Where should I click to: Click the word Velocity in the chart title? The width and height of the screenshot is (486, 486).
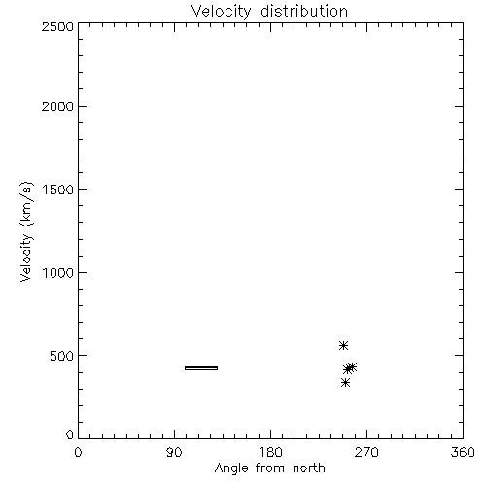[222, 12]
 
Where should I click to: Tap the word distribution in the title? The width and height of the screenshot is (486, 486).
[304, 11]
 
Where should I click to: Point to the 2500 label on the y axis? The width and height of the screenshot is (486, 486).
[57, 26]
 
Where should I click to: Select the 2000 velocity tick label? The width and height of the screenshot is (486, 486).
[57, 106]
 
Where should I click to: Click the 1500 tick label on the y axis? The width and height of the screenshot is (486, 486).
[58, 190]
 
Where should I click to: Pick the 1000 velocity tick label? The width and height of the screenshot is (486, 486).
[58, 272]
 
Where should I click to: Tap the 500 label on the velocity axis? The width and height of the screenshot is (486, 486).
[62, 356]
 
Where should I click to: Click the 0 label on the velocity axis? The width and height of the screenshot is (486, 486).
[70, 434]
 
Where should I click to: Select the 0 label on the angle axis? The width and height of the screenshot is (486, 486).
[78, 452]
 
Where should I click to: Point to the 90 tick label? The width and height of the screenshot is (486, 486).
[174, 452]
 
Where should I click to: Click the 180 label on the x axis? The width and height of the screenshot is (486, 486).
[270, 452]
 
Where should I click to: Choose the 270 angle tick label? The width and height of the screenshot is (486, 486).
[366, 452]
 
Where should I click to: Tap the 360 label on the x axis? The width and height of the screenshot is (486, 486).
[463, 452]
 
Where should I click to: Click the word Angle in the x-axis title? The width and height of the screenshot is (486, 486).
[231, 469]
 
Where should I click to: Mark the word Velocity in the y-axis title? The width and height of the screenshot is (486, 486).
[26, 258]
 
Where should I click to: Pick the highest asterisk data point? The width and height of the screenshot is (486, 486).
[343, 346]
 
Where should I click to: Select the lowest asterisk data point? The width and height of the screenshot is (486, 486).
[345, 383]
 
